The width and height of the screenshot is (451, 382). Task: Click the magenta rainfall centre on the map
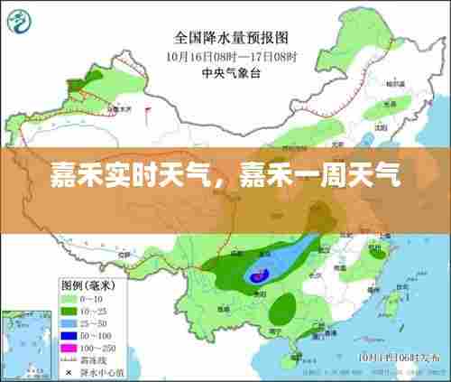point(259,274)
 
